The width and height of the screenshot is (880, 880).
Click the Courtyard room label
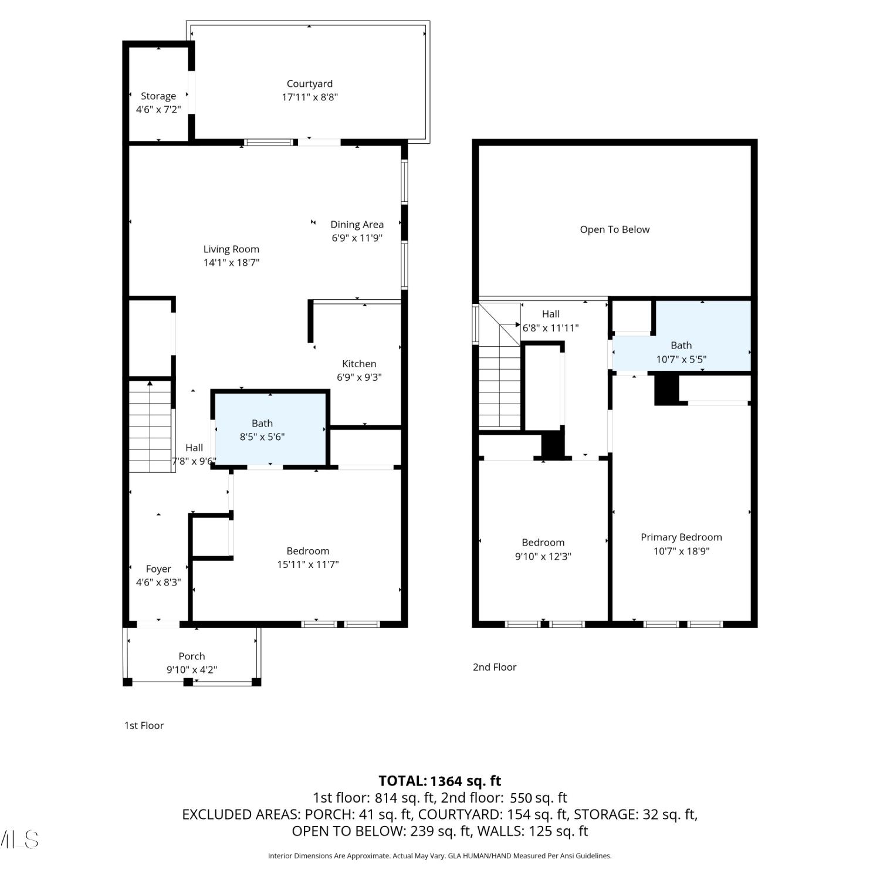click(x=310, y=84)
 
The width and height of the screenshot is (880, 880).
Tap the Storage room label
click(x=158, y=96)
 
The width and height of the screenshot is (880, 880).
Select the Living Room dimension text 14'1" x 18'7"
click(x=231, y=263)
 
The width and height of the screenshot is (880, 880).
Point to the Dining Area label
click(x=357, y=225)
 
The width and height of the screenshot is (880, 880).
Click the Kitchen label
click(x=359, y=364)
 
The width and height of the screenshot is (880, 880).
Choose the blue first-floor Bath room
click(x=270, y=429)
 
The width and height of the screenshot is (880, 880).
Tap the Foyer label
click(x=158, y=569)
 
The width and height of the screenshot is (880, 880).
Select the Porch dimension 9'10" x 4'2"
click(x=192, y=670)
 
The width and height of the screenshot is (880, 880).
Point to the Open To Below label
click(x=615, y=229)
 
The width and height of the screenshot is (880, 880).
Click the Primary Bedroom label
click(x=681, y=537)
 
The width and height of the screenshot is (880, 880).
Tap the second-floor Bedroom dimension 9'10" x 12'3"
click(x=543, y=557)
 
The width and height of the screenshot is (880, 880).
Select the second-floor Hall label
click(x=551, y=314)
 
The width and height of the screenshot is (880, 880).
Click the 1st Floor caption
click(x=144, y=726)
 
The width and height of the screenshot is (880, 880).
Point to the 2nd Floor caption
click(x=495, y=667)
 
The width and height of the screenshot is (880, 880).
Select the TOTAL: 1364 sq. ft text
click(x=440, y=781)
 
